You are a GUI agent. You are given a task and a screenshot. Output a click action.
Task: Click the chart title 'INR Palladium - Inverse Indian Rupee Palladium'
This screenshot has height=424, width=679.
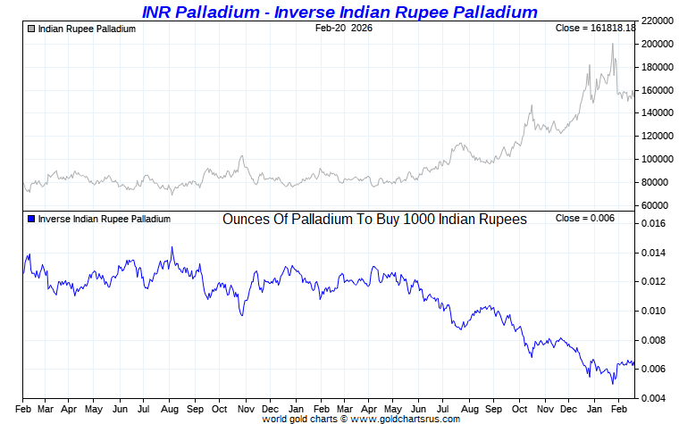point(339,12)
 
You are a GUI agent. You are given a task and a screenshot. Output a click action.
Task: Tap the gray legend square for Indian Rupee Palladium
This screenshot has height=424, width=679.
point(31,29)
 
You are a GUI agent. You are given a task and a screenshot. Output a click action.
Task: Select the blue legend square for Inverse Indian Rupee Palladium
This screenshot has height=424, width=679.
point(31,219)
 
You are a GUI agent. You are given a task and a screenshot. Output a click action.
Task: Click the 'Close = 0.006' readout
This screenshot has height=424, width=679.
point(584,219)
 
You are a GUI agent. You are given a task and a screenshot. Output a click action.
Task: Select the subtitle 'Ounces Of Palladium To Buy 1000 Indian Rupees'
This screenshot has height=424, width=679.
point(374,219)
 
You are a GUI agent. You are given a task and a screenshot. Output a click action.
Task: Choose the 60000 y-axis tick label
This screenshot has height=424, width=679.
point(656,205)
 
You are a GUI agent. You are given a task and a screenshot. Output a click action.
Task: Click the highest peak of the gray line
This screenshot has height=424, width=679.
point(613,44)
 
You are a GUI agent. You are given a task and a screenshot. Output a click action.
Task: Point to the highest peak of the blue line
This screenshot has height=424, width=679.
point(172,247)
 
